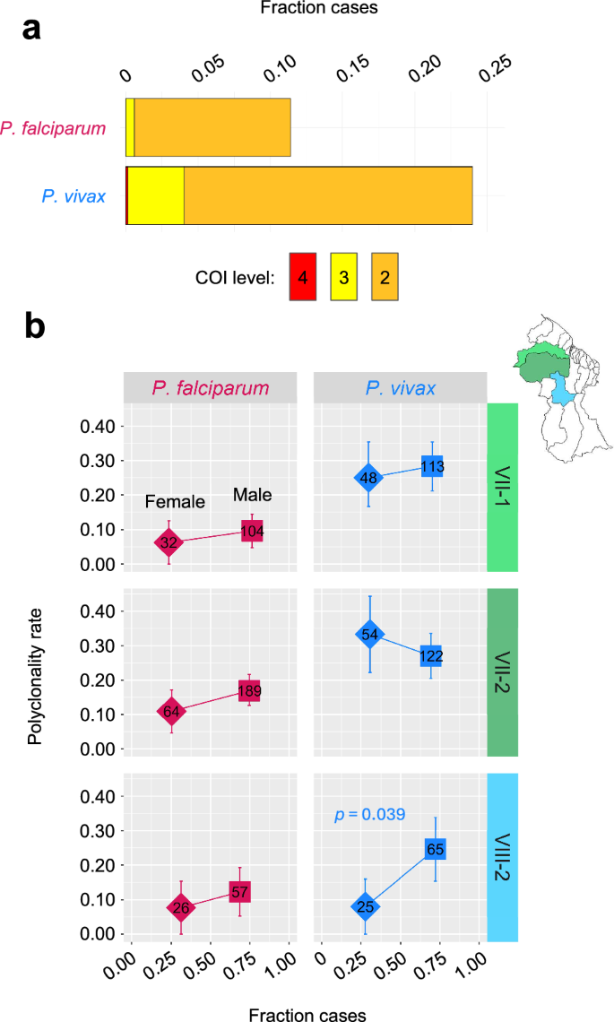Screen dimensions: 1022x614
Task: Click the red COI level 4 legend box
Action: [x=303, y=277]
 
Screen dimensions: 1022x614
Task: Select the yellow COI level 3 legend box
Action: [x=344, y=277]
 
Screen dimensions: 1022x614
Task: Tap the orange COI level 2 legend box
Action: [x=385, y=277]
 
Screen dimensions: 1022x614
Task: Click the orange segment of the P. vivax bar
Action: [x=327, y=195]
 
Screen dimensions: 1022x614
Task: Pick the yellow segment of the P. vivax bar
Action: [x=156, y=195]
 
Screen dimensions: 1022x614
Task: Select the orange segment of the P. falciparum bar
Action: [x=212, y=127]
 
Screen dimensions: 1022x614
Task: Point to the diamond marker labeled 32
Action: [x=169, y=542]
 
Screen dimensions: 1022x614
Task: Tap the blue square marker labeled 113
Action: [x=433, y=466]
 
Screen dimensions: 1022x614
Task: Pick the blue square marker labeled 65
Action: [x=436, y=848]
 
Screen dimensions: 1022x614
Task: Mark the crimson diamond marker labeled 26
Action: [x=181, y=907]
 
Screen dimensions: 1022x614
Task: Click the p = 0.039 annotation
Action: [x=370, y=815]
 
